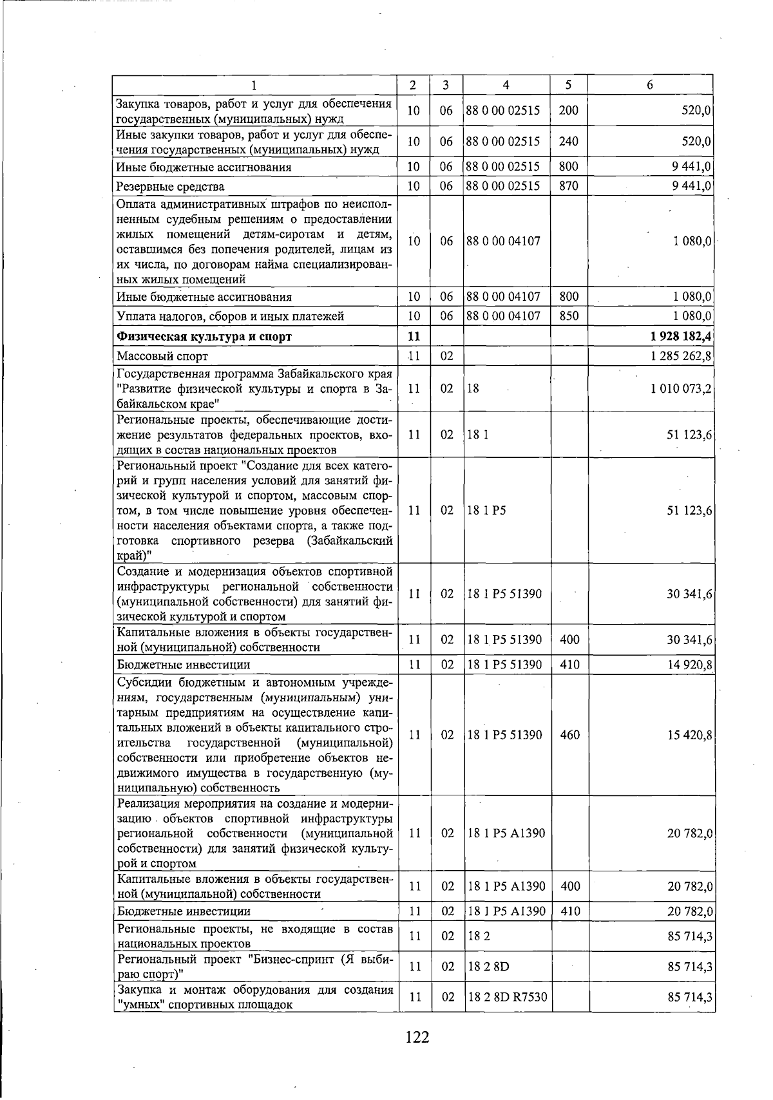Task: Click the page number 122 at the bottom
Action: [x=417, y=1037]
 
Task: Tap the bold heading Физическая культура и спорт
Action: [x=204, y=336]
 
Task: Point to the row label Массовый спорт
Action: [x=162, y=356]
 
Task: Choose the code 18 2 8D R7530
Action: [x=507, y=998]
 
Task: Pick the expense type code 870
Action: [x=569, y=186]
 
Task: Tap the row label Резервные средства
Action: [x=171, y=187]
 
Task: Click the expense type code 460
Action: [x=569, y=735]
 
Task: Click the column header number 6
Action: [x=650, y=85]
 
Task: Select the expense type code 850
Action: [x=569, y=316]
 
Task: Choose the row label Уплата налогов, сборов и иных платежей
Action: [x=230, y=316]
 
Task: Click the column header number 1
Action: [x=254, y=85]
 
